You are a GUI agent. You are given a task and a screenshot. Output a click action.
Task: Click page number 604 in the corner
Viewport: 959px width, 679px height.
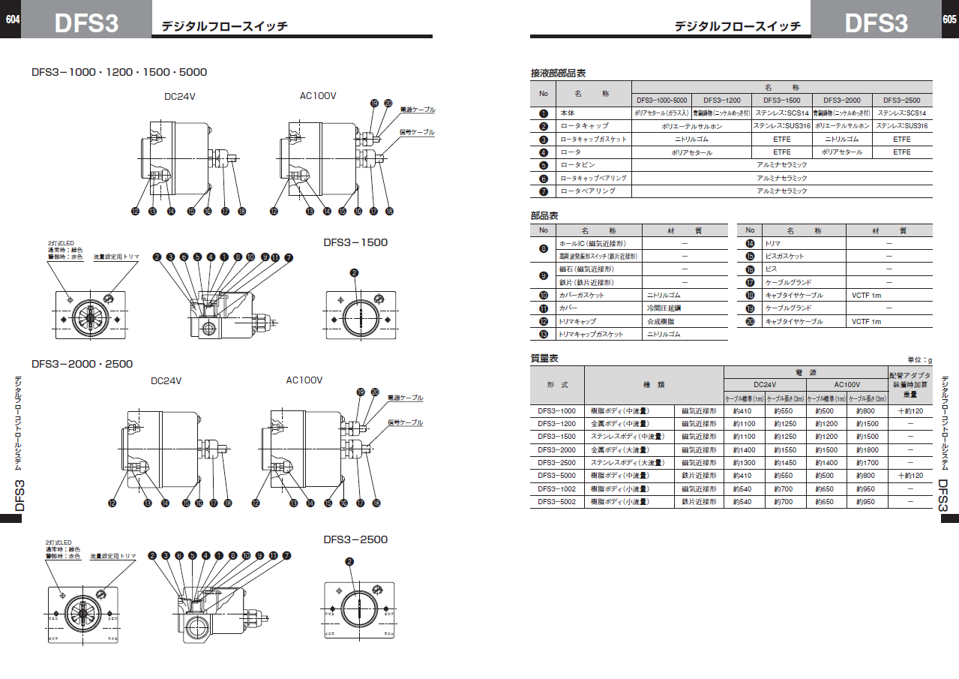coord(12,20)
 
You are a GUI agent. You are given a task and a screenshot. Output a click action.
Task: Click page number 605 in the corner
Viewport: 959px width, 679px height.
coord(949,20)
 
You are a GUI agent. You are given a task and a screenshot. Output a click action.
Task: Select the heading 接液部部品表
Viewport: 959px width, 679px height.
coord(558,73)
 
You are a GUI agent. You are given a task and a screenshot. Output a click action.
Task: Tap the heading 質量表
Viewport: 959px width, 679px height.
coord(544,359)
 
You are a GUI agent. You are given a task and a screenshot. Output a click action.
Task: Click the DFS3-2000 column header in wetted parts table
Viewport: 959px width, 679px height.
coord(842,100)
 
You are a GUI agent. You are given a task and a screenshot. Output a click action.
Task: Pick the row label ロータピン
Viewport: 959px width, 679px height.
coord(579,164)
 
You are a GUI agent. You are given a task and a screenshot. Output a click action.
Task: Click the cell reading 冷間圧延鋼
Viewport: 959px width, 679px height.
coord(664,308)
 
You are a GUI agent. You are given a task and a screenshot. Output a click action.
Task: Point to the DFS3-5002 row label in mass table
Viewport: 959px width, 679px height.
coord(556,501)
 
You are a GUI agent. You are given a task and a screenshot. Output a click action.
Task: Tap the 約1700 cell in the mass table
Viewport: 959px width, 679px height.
coord(868,463)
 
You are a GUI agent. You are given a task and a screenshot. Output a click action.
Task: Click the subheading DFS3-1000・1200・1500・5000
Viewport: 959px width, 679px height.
coord(119,72)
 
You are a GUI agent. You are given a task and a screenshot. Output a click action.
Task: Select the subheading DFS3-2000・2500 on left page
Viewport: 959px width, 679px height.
coord(82,364)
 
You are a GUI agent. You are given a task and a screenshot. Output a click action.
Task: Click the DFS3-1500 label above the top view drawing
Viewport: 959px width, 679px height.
coord(355,242)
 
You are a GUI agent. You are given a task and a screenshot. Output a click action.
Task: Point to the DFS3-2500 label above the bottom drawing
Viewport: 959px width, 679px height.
coord(355,539)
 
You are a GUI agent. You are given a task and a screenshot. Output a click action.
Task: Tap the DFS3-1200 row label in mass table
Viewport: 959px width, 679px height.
coord(556,424)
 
